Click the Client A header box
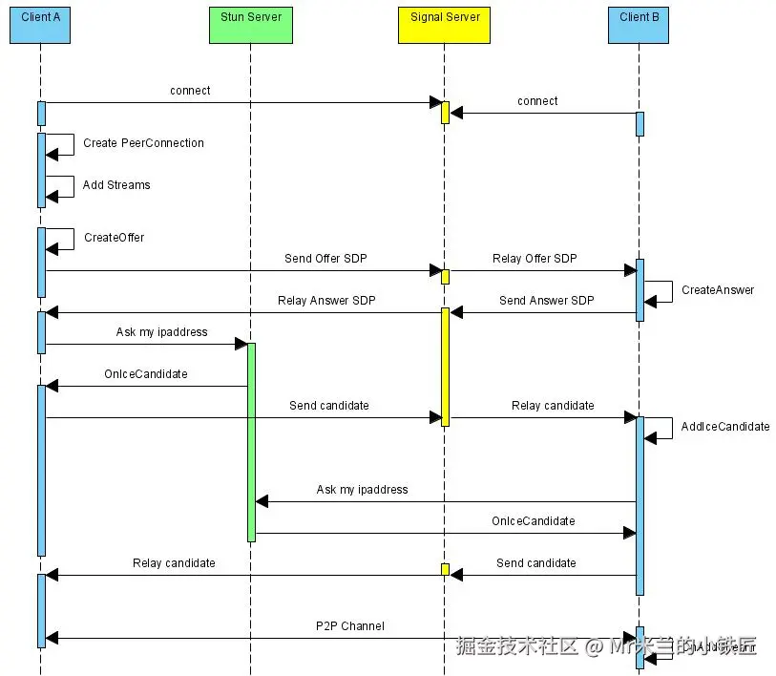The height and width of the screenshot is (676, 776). click(41, 23)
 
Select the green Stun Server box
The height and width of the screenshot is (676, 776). click(251, 23)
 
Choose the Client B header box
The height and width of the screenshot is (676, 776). click(640, 23)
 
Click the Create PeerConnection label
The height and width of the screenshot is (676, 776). click(143, 143)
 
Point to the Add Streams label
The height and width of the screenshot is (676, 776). click(116, 185)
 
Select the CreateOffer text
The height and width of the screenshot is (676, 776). click(114, 238)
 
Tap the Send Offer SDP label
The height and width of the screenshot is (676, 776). click(325, 259)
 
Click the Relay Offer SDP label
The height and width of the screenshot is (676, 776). click(535, 259)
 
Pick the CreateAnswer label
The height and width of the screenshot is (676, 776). click(718, 290)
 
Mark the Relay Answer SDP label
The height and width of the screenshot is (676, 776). click(326, 301)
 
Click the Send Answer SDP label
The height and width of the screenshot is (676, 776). click(546, 301)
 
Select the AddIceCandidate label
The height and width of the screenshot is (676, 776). click(725, 427)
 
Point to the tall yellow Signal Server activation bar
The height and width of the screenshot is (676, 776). click(445, 366)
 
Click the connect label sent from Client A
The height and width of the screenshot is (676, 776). click(190, 91)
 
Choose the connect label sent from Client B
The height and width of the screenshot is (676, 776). click(537, 101)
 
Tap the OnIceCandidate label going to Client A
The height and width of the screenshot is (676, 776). click(146, 374)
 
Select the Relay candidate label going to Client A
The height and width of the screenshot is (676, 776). click(174, 563)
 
